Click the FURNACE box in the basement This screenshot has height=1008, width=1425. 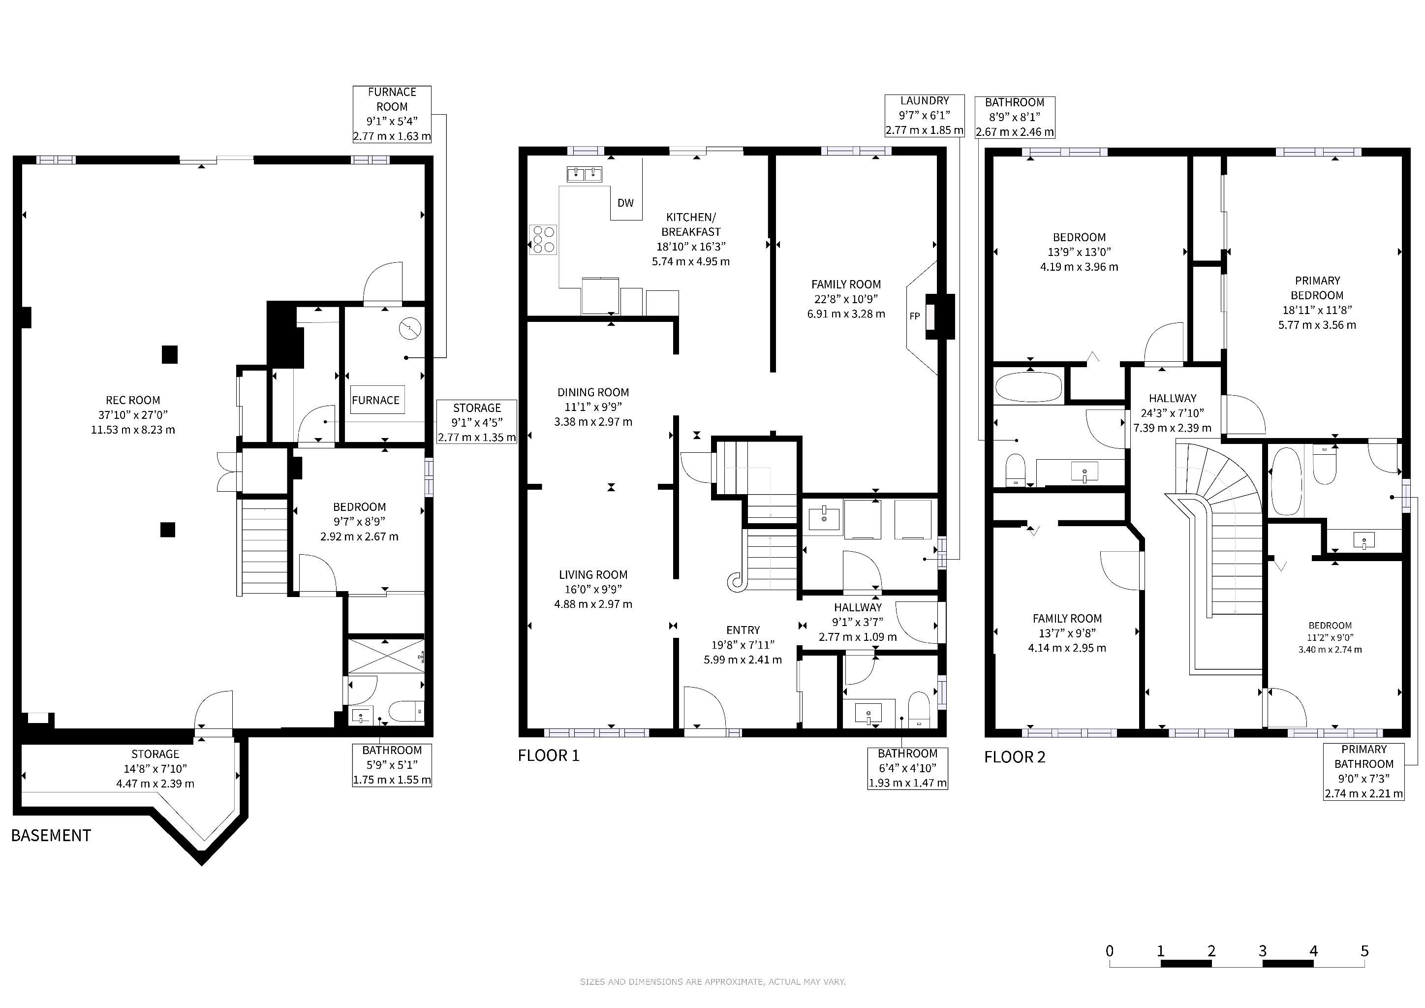click(x=375, y=400)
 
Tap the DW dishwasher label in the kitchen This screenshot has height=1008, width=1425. click(x=625, y=203)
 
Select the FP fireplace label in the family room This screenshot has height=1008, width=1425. click(x=914, y=316)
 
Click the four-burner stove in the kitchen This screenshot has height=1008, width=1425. click(x=543, y=239)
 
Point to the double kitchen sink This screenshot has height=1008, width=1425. click(x=585, y=174)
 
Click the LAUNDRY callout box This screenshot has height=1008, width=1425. click(x=924, y=116)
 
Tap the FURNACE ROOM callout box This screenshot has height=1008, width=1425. click(x=392, y=114)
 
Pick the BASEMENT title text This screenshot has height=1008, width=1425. click(x=51, y=835)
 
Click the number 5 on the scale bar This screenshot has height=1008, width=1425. click(x=1364, y=951)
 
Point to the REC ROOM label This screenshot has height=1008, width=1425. click(x=133, y=400)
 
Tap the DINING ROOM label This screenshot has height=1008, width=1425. click(x=593, y=392)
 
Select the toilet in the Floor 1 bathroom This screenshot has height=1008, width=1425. click(x=919, y=709)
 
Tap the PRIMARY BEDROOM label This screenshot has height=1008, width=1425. click(x=1317, y=288)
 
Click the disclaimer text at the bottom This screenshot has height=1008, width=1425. click(x=712, y=982)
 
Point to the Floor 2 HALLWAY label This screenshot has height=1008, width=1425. click(x=1173, y=399)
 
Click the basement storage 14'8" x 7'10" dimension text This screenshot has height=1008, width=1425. click(x=155, y=769)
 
